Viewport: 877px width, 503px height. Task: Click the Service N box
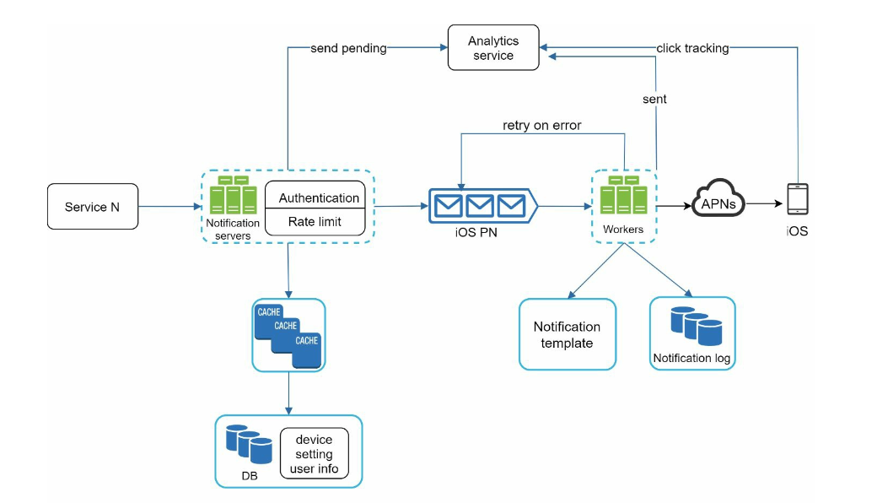(93, 207)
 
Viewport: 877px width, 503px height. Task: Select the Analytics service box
(493, 47)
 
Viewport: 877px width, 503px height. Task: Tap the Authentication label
(319, 198)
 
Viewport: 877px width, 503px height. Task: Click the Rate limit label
(315, 222)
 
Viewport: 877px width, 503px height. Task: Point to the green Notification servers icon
(234, 195)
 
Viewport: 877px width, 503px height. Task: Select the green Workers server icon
(624, 195)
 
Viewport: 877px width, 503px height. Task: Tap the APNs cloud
(718, 198)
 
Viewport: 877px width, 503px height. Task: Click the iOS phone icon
(798, 198)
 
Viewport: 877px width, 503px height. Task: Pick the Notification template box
(568, 334)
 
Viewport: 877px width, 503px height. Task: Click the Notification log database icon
(697, 326)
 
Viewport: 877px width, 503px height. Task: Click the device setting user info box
(315, 453)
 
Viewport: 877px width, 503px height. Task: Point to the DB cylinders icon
(249, 444)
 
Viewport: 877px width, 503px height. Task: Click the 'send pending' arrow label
(348, 48)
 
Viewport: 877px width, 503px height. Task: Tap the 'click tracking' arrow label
(692, 48)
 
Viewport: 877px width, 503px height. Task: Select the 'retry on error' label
(542, 126)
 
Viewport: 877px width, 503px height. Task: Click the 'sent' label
(654, 99)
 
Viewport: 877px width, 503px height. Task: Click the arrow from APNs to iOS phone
(764, 203)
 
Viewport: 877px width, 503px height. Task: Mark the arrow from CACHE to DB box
(288, 393)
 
